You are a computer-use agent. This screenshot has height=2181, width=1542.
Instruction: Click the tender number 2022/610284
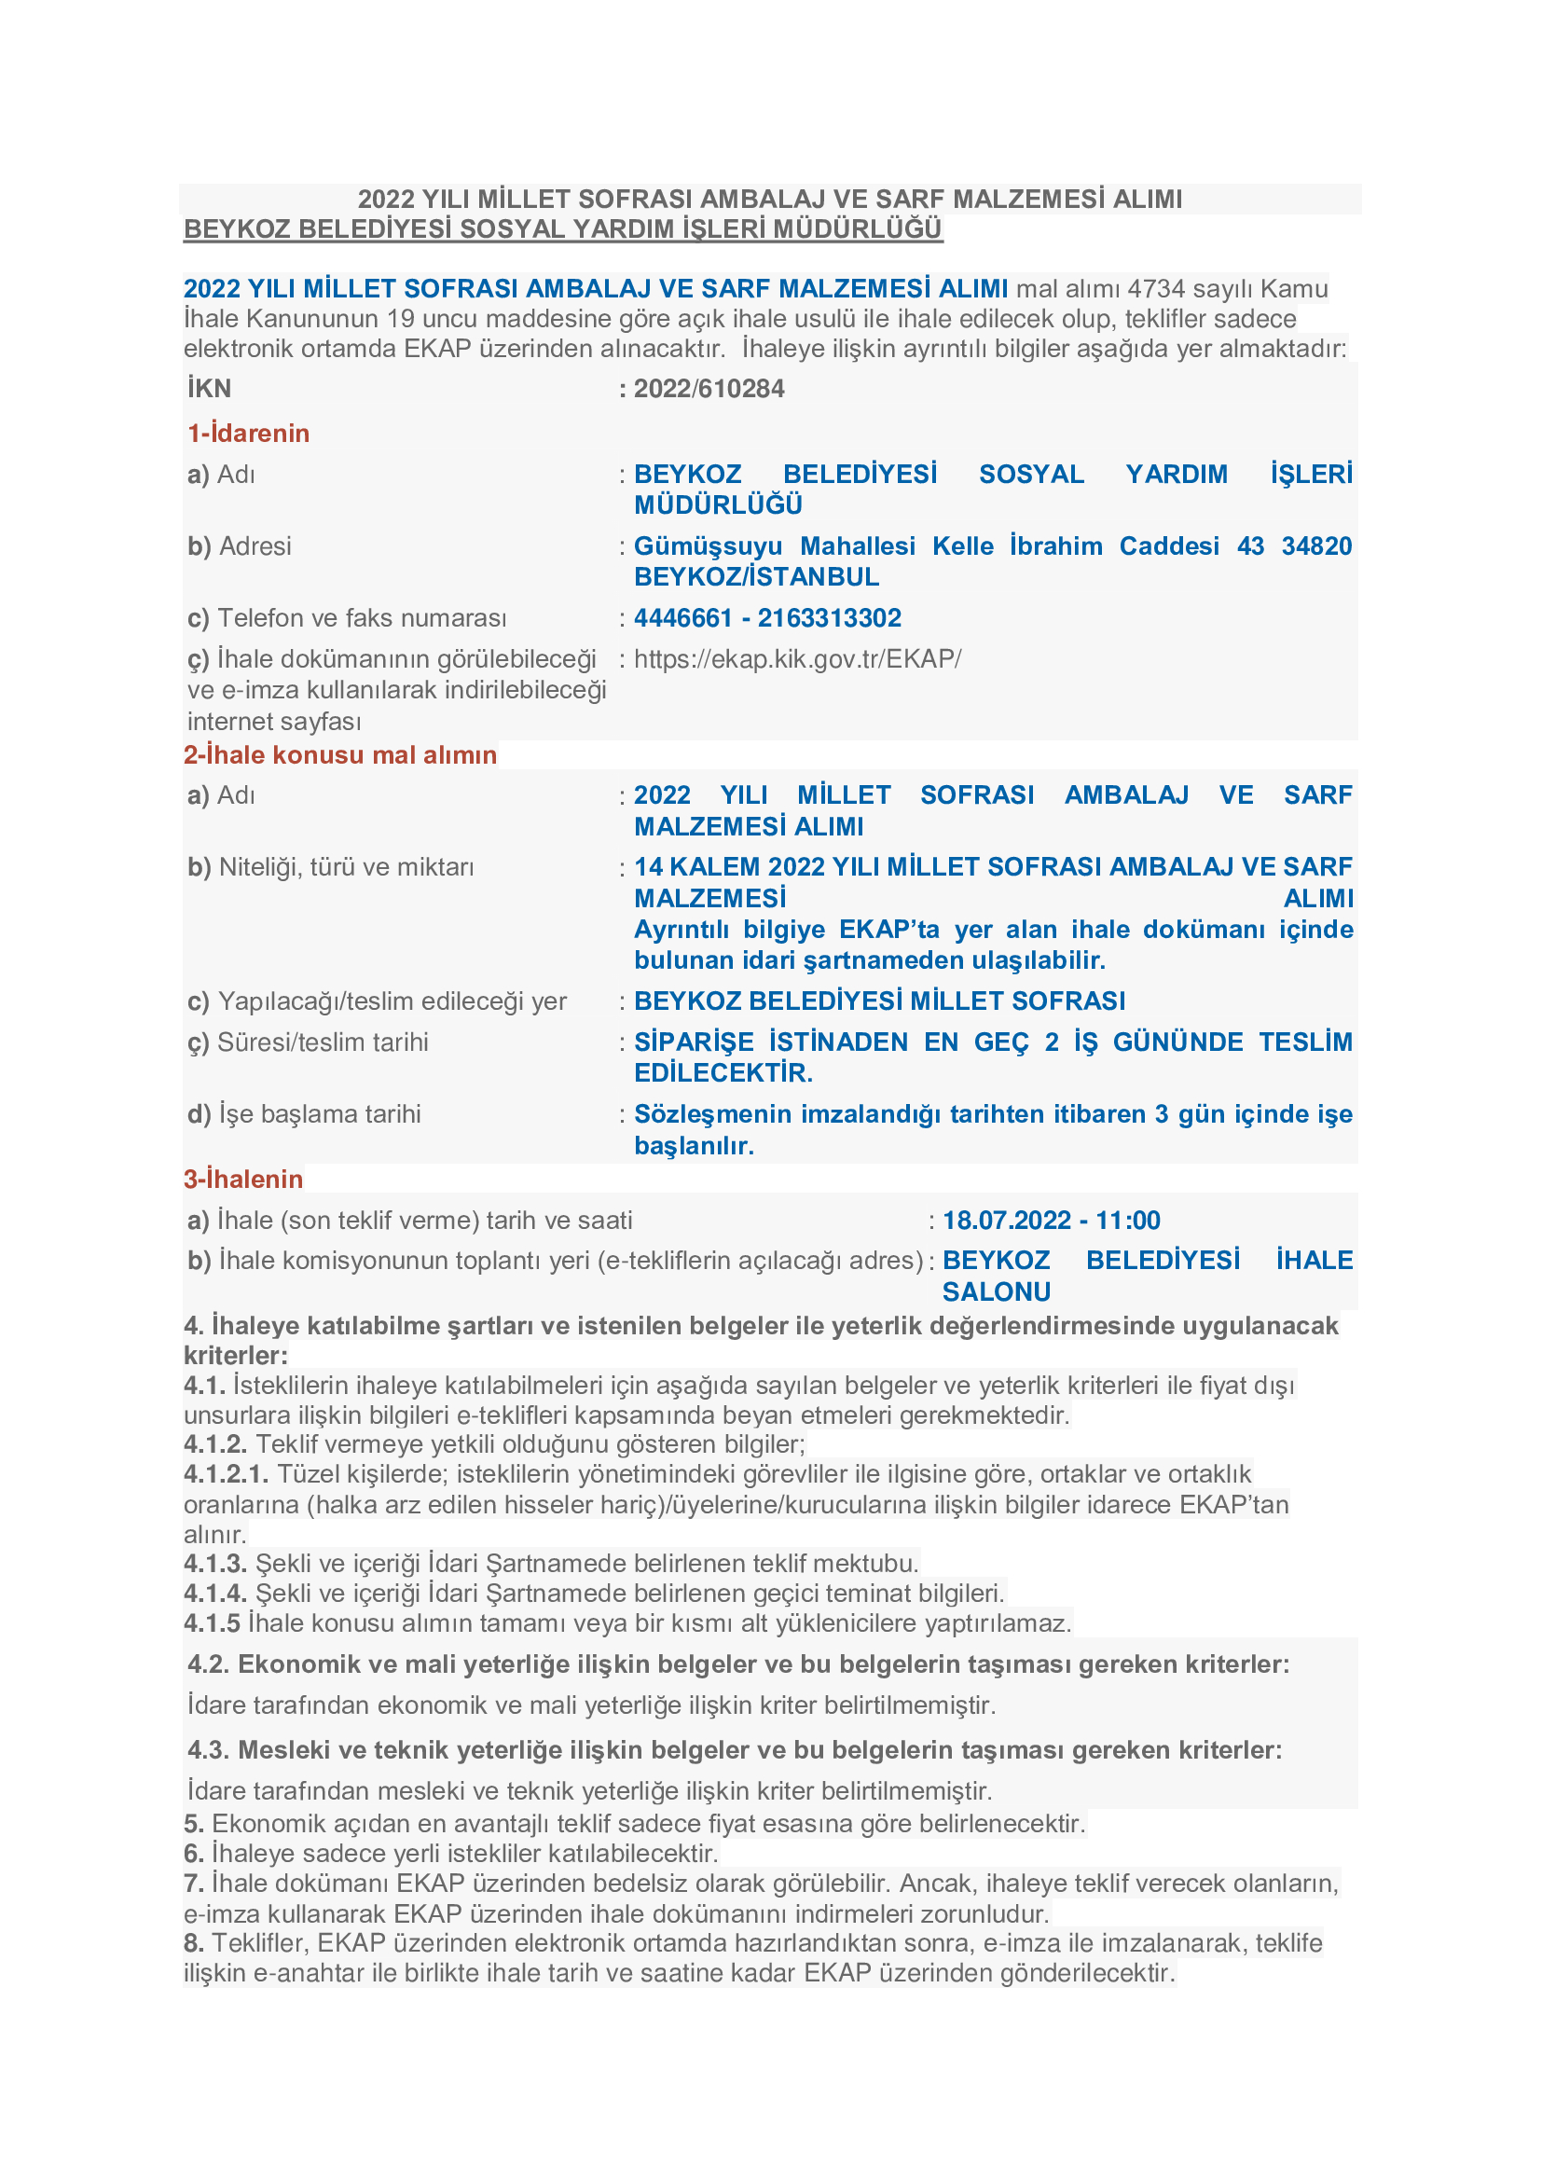click(709, 389)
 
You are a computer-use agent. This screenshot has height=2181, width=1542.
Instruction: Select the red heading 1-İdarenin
click(249, 434)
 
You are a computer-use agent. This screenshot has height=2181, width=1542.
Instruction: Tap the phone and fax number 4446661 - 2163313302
click(767, 618)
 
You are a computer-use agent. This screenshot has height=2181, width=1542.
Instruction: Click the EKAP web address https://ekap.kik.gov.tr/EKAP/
click(798, 659)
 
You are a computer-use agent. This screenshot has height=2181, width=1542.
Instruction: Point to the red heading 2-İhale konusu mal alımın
click(340, 755)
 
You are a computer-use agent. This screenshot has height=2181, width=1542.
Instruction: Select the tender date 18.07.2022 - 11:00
click(1051, 1221)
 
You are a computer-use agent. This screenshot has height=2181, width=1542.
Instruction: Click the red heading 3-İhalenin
click(243, 1180)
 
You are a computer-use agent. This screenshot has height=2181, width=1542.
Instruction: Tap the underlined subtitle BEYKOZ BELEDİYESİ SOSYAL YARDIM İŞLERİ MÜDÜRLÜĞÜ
click(562, 230)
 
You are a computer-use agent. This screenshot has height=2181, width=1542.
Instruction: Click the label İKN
click(209, 389)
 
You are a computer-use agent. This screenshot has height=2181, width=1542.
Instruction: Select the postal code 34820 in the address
click(1316, 546)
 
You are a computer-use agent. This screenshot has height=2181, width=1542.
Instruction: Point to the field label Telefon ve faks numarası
click(362, 618)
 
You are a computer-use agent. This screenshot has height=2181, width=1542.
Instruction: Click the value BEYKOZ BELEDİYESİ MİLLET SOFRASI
click(879, 1001)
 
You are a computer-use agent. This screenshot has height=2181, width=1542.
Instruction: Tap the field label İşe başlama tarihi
click(319, 1114)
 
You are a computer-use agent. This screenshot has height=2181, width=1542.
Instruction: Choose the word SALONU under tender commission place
click(996, 1291)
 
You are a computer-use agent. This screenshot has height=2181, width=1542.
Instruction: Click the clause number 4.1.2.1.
click(226, 1474)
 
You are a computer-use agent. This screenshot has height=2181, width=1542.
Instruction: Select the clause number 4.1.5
click(212, 1623)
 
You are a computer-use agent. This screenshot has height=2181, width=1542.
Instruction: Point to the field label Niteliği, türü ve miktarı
click(346, 867)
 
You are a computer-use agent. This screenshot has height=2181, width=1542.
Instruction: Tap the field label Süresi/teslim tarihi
click(322, 1043)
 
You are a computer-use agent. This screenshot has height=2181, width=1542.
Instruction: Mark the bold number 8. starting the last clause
click(194, 1943)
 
